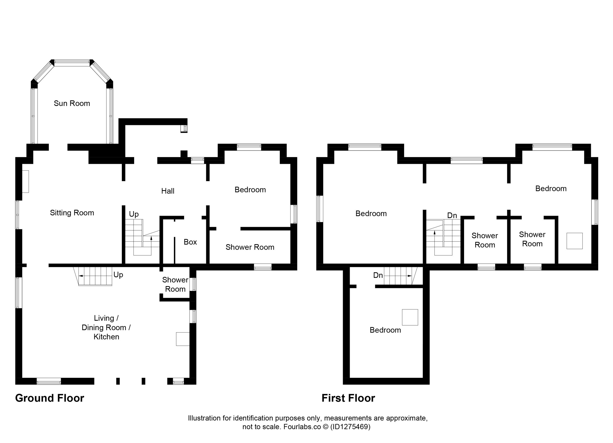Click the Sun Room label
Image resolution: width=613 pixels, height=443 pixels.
[x=72, y=103]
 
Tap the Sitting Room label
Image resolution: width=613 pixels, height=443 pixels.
[x=72, y=213]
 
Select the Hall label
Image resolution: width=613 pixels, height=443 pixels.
[x=168, y=191]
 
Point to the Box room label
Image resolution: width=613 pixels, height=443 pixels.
[x=190, y=242]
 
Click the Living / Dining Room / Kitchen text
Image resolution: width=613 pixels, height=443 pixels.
[x=106, y=327]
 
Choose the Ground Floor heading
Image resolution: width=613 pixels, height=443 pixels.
[x=50, y=398]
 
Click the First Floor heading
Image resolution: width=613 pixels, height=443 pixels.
[x=348, y=398]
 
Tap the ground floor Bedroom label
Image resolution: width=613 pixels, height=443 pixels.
[x=250, y=190]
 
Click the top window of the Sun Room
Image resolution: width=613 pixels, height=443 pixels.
[x=72, y=63]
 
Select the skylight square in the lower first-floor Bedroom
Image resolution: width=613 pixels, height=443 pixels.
[x=410, y=317]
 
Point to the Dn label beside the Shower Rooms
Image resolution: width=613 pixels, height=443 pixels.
[x=452, y=215]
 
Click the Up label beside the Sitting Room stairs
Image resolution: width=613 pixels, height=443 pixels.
[x=134, y=214]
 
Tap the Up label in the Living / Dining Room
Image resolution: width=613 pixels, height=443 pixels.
[x=118, y=275]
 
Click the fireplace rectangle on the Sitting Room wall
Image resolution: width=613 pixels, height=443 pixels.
[x=25, y=181]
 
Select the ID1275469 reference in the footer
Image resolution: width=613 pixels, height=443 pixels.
[x=350, y=427]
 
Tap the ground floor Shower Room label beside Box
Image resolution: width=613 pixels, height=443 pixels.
[x=250, y=247]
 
